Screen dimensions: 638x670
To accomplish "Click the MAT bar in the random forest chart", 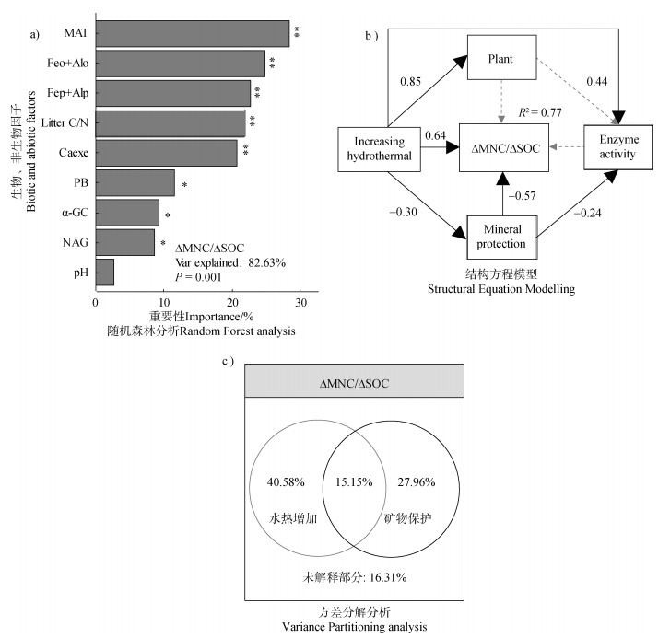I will point(192,33).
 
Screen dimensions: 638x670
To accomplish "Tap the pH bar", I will point(105,273).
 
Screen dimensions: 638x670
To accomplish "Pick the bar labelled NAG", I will point(125,242).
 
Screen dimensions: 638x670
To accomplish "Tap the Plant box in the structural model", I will point(500,62).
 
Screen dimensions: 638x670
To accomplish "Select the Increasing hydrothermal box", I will point(378,148).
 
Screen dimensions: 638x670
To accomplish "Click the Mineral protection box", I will point(501,237).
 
